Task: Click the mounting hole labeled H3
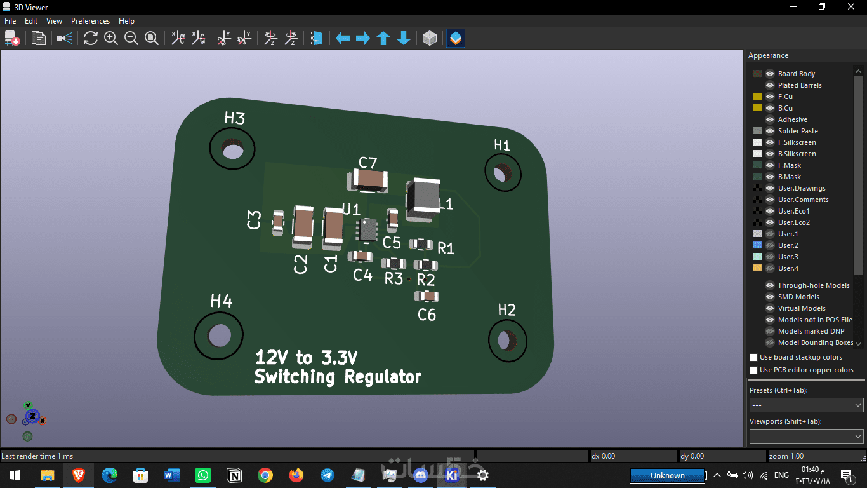(232, 149)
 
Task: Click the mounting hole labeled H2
(507, 340)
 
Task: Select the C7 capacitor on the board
(367, 180)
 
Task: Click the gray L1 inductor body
(423, 200)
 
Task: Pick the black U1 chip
(367, 230)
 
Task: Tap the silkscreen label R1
(446, 248)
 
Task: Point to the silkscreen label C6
(427, 315)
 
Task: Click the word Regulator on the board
(383, 377)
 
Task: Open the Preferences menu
(90, 21)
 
